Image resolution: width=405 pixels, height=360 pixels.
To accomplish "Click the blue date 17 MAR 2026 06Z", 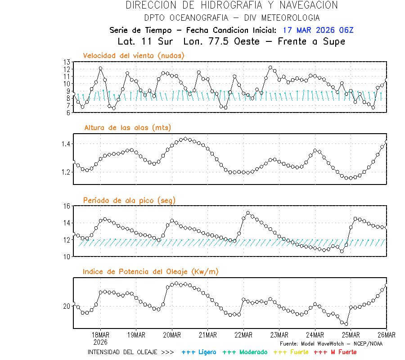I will coord(318,30).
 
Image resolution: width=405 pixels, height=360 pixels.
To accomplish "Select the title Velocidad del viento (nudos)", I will coord(134,55).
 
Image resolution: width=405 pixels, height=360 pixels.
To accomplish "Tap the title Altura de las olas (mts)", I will coord(127,128).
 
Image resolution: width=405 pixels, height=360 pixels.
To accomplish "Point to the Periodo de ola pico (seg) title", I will coord(129,200).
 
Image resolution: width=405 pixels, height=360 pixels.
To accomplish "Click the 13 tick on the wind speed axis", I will coord(67,62).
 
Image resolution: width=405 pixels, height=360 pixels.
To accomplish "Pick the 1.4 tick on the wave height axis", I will coord(65,144).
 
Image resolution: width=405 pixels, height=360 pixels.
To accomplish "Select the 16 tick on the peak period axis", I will coord(67,206).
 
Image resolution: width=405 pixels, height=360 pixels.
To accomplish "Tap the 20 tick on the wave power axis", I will coord(67,306).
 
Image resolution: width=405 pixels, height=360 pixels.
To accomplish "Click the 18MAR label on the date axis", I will coord(100,335).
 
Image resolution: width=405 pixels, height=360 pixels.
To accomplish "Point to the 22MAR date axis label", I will coord(243,335).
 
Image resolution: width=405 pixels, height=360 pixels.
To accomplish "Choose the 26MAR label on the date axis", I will coord(386,335).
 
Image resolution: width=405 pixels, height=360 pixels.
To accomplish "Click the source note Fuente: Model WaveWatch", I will coord(331,344).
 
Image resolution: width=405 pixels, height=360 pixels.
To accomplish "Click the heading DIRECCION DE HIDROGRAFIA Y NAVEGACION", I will coord(232,5).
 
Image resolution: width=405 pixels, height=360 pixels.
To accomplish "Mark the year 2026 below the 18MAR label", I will coord(100,342).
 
